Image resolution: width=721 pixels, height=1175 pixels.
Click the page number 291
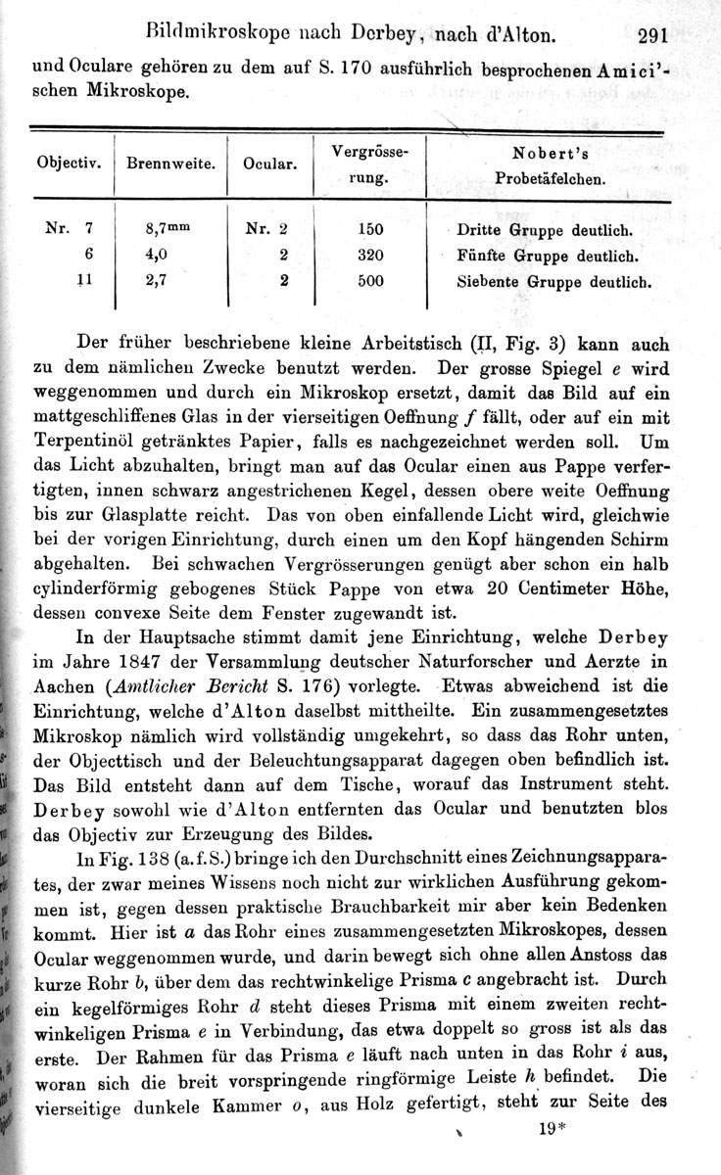650,37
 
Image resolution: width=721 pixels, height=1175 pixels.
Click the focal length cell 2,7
158,280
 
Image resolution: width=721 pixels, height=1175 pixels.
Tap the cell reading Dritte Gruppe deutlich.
544,232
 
